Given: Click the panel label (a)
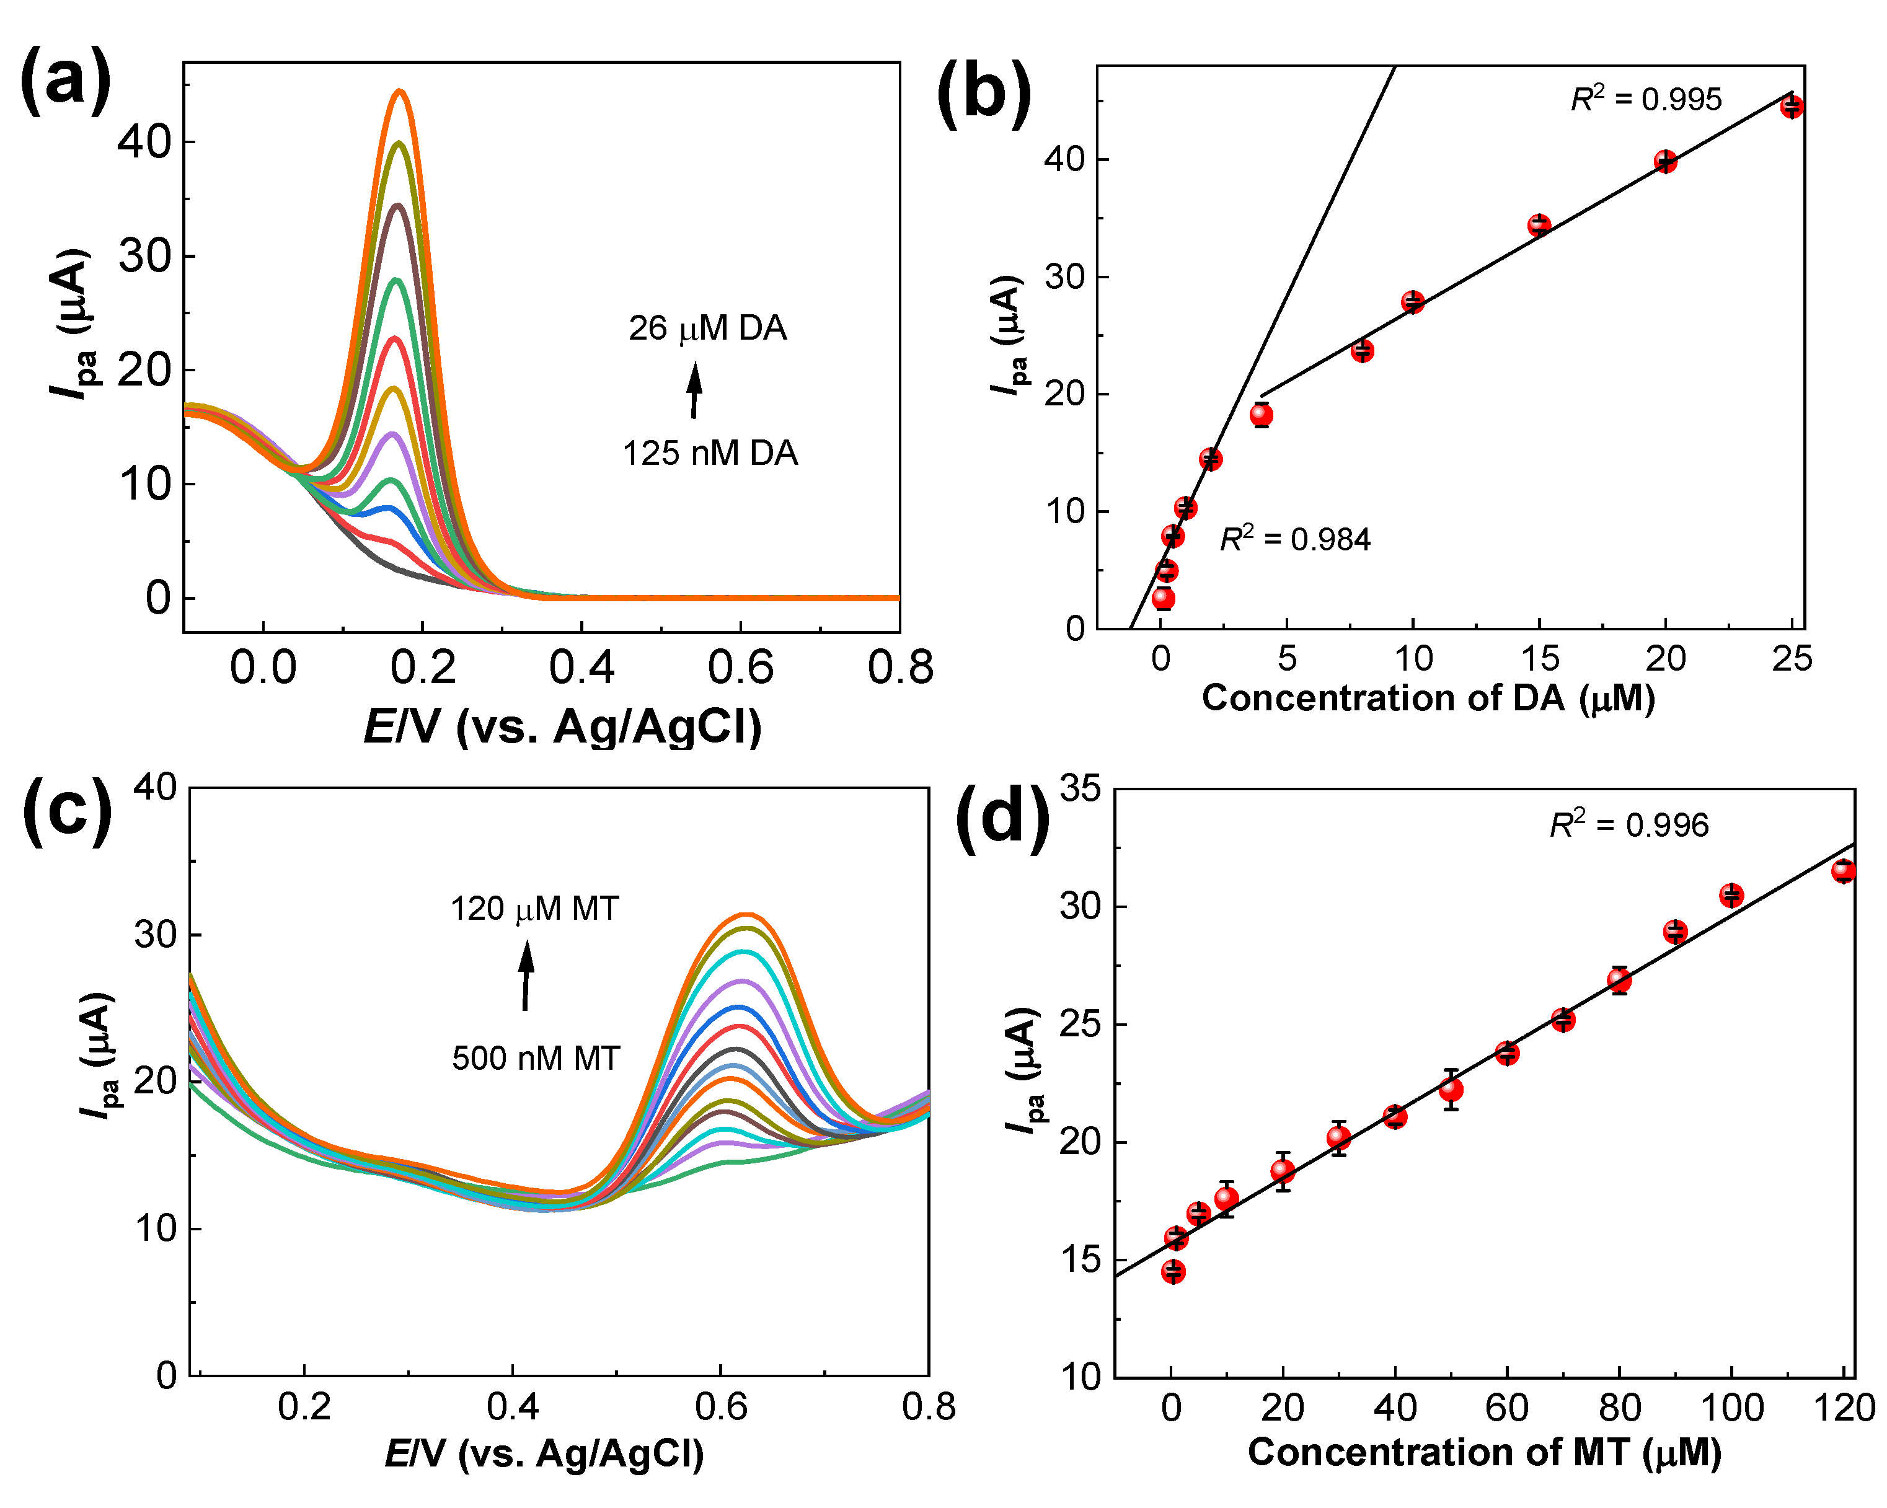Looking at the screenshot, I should tap(66, 81).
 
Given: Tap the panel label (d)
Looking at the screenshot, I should tap(1002, 818).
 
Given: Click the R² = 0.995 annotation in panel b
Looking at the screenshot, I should tap(1645, 99).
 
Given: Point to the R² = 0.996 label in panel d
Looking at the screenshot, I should tap(1628, 824).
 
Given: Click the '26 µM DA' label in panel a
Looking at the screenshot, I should tap(707, 328).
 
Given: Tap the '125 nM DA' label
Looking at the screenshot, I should tap(710, 453).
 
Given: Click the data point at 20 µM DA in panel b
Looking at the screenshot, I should tap(1664, 161).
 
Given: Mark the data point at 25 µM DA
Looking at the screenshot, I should tap(1792, 107).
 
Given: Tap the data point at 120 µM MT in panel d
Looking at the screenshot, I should tap(1843, 871).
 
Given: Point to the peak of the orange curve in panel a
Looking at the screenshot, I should tap(400, 91).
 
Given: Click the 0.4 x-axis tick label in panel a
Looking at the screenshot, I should tap(581, 668).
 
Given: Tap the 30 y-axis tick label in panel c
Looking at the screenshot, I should tap(155, 935).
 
